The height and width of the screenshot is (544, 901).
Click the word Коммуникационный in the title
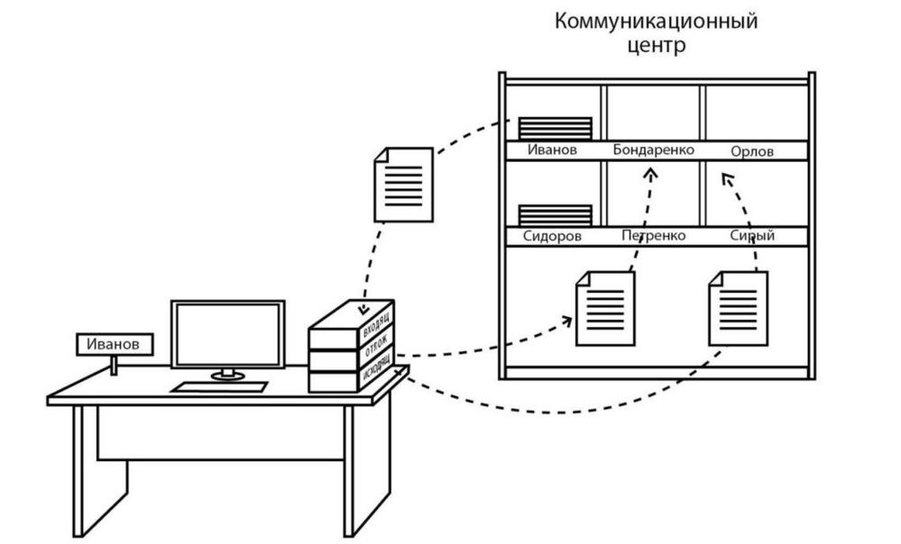657,22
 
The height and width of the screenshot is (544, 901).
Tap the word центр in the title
657,45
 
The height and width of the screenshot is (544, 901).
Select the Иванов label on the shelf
552,150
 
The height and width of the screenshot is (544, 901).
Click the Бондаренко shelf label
653,150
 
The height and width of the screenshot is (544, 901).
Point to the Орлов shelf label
752,151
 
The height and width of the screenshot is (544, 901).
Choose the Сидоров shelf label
552,236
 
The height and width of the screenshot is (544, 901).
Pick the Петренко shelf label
654,235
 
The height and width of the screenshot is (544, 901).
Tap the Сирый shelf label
752,235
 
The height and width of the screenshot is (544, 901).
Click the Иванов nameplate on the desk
115,344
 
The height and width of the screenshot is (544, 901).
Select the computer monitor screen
227,334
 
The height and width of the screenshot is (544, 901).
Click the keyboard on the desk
219,387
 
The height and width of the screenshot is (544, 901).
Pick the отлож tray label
376,346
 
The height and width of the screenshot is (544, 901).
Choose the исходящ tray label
377,369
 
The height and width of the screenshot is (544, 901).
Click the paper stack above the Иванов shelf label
555,129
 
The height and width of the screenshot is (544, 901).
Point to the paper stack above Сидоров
555,215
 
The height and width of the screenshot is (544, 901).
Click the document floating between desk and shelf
403,185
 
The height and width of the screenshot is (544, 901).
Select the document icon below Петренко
605,309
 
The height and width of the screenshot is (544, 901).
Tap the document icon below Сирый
738,309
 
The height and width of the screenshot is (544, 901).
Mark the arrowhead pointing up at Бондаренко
650,173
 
